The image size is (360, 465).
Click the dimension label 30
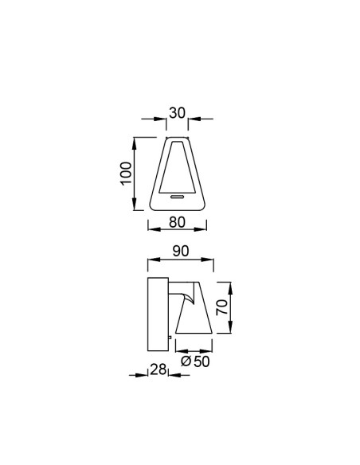coord(177,113)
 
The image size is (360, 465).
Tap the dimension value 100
coord(126,174)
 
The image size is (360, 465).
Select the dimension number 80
coord(177,222)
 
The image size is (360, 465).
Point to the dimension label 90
coord(181,251)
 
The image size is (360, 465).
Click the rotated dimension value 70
coord(222,307)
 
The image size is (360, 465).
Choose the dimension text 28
coord(158,369)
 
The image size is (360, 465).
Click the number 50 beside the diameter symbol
coord(202,361)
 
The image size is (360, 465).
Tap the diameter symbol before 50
coord(186,361)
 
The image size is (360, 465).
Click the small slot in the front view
coord(178,197)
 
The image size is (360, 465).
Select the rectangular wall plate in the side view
coord(158,315)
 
